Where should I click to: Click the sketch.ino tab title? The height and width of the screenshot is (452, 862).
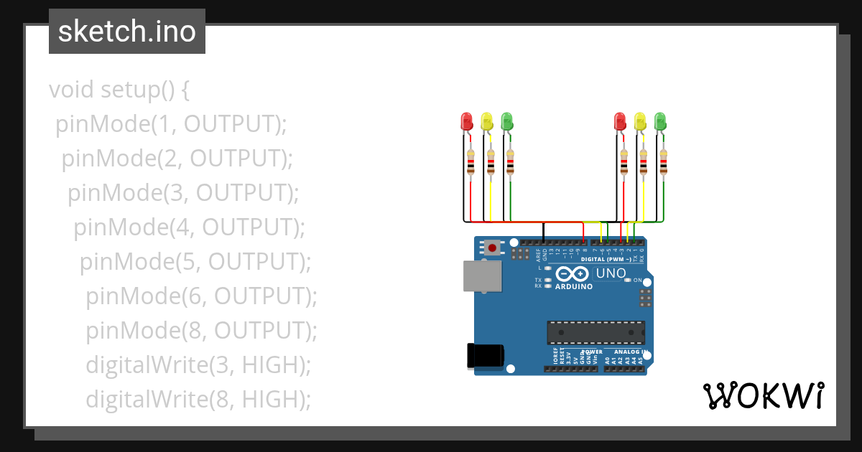(x=127, y=32)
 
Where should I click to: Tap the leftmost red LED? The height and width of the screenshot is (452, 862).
(x=466, y=121)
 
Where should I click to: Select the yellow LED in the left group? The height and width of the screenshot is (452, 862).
(x=486, y=121)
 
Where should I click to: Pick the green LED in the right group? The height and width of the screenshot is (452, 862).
(x=661, y=121)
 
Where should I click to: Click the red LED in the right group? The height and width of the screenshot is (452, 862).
(x=621, y=121)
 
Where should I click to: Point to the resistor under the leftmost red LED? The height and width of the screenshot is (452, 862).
(x=471, y=161)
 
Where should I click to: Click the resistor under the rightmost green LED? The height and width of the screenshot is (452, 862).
(x=664, y=161)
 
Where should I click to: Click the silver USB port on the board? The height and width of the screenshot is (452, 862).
(x=483, y=276)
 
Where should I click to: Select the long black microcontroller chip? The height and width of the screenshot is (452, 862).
(x=595, y=333)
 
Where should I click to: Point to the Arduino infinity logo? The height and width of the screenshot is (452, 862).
(x=572, y=274)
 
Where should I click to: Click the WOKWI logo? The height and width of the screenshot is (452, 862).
(x=763, y=395)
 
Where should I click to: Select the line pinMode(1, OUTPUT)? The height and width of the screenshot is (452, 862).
(x=171, y=124)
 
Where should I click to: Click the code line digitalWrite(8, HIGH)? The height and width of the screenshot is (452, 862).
(x=198, y=399)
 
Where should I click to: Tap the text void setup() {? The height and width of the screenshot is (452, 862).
(x=119, y=90)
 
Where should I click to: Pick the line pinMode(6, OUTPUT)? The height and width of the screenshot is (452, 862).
(x=201, y=296)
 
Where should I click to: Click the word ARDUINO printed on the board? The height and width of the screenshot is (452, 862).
(x=574, y=286)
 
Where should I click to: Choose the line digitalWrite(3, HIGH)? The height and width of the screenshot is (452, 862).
(x=198, y=364)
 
